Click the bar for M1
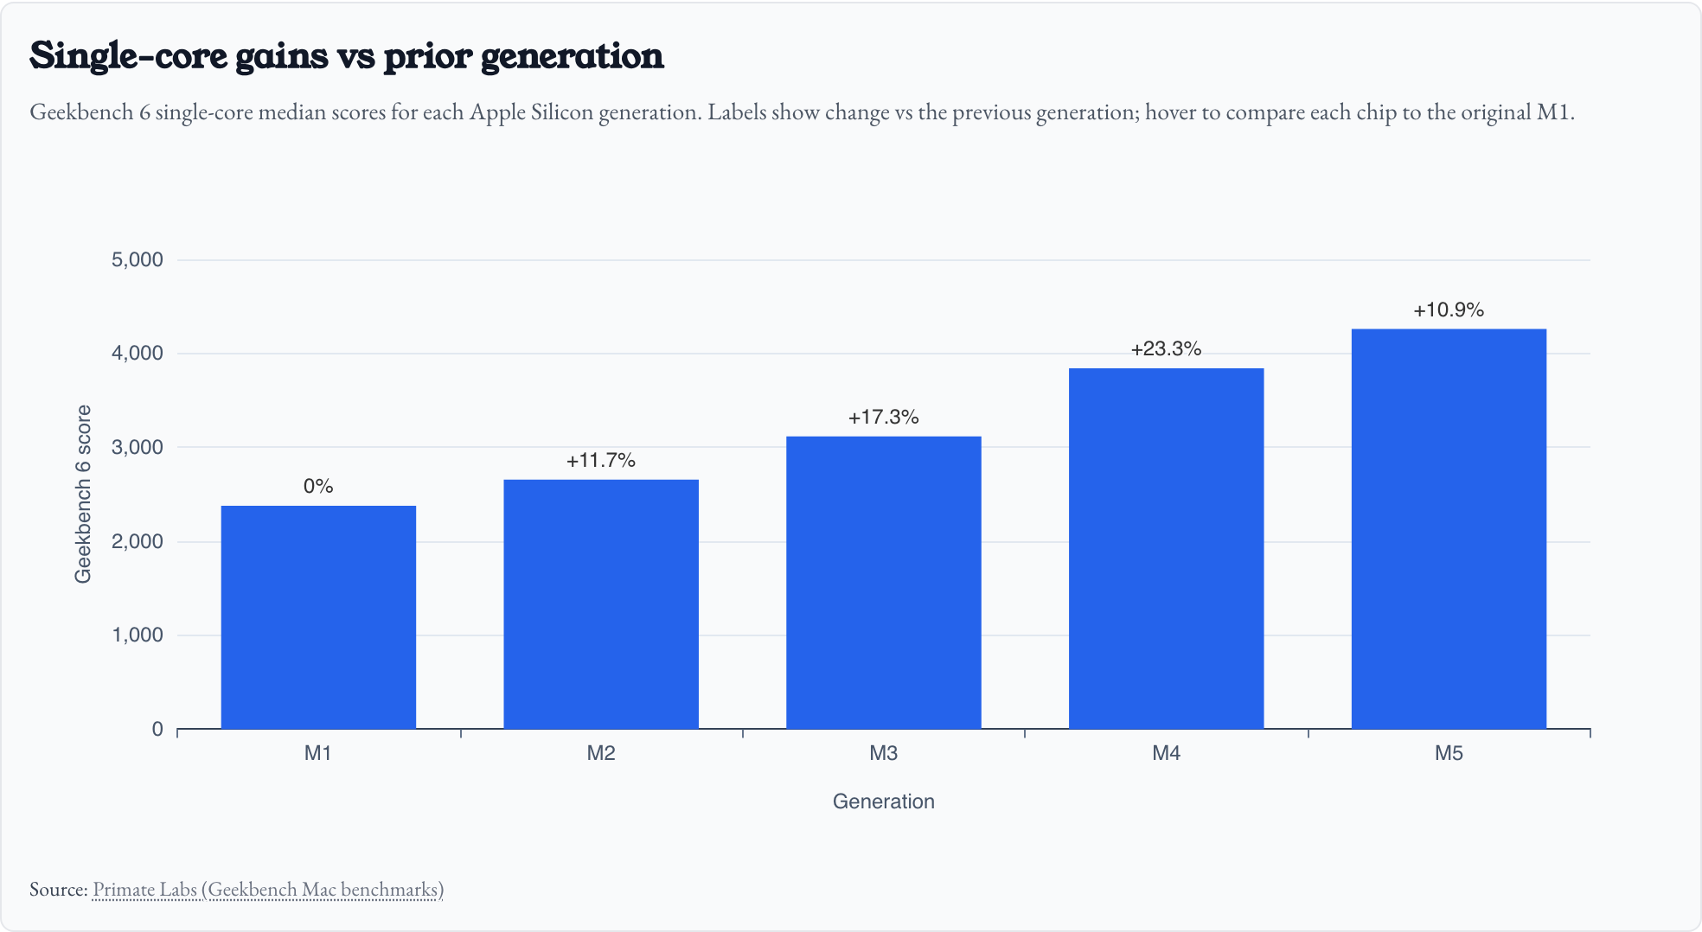pos(318,617)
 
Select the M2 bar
pos(601,604)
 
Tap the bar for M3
pos(883,583)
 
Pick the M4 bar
pos(1166,548)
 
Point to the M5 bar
pos(1449,528)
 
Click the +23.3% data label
pos(1166,349)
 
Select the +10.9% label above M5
pos(1449,310)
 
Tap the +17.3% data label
pos(883,418)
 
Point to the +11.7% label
pos(601,461)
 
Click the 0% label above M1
pos(318,487)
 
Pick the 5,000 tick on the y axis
pos(138,260)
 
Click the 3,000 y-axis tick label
pos(138,448)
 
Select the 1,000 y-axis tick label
pos(138,635)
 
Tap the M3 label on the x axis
pos(883,754)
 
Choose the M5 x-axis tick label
pos(1449,754)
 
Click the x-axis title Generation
pos(883,802)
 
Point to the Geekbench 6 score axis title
pos(83,495)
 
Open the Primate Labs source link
pos(267,890)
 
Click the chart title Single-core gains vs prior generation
pos(347,56)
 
